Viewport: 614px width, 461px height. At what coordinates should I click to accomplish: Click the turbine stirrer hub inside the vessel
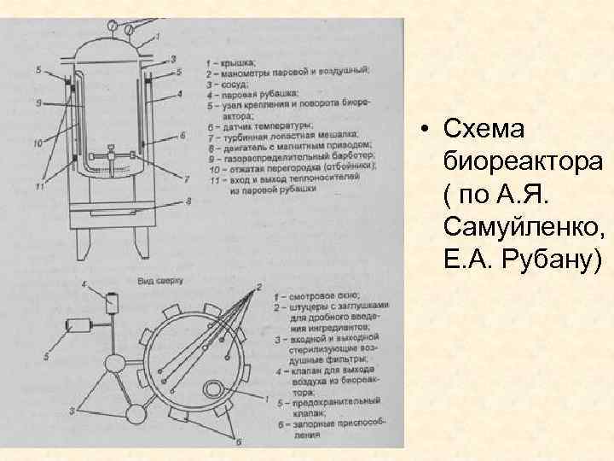click(112, 156)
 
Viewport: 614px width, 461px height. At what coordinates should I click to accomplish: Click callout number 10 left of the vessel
click(38, 143)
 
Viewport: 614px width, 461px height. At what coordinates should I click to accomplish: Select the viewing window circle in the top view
click(210, 390)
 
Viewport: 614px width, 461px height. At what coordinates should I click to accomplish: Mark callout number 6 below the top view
click(238, 442)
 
